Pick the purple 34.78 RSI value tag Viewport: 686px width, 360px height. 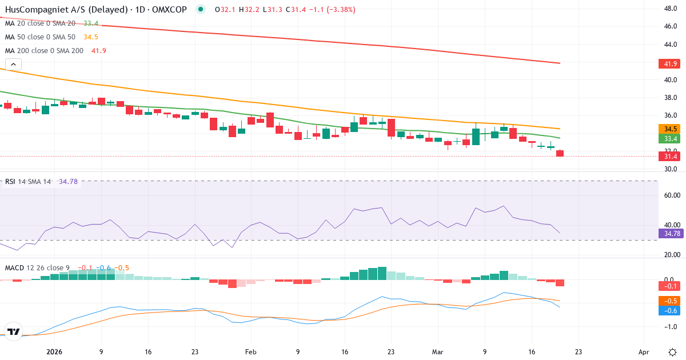tap(670, 233)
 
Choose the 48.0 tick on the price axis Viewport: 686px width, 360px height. tap(671, 9)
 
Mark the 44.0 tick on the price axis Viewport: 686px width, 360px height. tap(671, 45)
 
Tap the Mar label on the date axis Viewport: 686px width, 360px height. tap(437, 352)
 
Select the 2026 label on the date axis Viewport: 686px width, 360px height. tap(54, 352)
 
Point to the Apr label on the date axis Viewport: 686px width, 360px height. tap(644, 352)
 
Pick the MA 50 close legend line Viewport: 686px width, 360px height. tap(41, 37)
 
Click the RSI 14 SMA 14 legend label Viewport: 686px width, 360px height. tap(28, 182)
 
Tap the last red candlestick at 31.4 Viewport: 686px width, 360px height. tap(560, 153)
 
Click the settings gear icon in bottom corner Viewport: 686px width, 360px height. tap(672, 351)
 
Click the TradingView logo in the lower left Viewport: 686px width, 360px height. tap(14, 331)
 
